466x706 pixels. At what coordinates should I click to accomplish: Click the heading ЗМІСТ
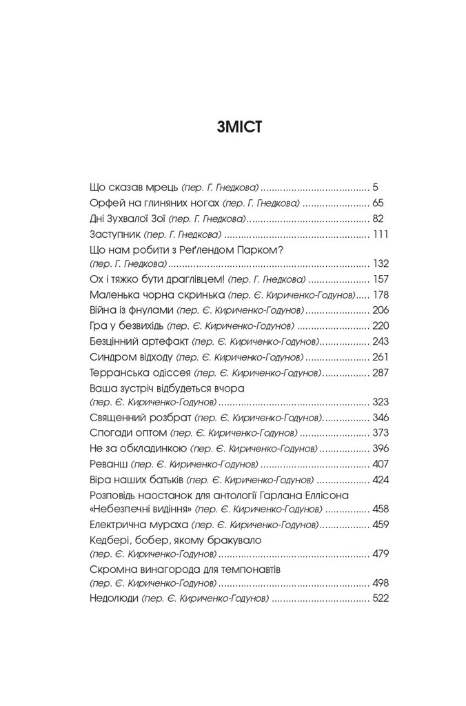[232, 130]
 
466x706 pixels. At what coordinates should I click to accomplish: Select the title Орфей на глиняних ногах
[154, 203]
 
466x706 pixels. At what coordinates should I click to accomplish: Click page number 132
[381, 263]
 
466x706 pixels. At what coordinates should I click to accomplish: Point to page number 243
[381, 342]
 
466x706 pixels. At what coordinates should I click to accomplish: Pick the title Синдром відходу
[131, 357]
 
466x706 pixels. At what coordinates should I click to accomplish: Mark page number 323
[381, 401]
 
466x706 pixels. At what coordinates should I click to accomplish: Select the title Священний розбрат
[141, 417]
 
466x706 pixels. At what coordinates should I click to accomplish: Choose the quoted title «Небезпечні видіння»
[131, 510]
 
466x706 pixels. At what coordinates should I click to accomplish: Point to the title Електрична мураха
[133, 525]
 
